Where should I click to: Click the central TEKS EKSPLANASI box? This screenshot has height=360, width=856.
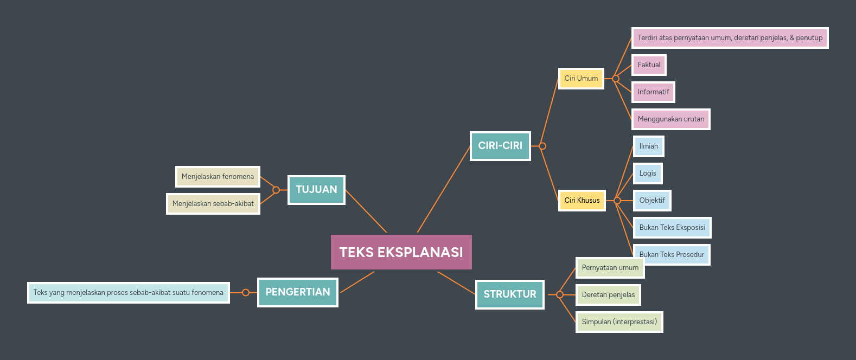(x=401, y=252)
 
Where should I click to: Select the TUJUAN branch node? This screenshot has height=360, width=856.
(x=316, y=190)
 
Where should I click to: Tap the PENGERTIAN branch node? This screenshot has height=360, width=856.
(x=298, y=292)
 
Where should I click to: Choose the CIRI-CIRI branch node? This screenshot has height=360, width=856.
(x=500, y=146)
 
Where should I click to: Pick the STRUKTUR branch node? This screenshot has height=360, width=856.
(x=510, y=294)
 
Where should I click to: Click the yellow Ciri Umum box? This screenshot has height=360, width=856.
(x=581, y=79)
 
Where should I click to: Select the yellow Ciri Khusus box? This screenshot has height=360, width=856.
(x=582, y=201)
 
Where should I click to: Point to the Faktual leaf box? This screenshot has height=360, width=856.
(x=649, y=65)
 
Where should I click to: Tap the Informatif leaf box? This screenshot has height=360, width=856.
(x=653, y=92)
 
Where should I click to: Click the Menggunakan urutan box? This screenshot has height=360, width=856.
(x=671, y=119)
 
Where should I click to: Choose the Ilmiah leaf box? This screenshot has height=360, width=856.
(x=648, y=146)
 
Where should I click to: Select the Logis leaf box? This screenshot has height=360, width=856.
(x=648, y=173)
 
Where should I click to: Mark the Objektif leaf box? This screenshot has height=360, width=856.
(x=652, y=201)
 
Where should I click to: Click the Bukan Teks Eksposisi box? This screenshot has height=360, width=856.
(x=672, y=228)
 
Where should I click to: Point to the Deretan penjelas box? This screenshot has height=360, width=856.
(x=608, y=295)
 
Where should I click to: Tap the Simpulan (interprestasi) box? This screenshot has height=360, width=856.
(x=619, y=322)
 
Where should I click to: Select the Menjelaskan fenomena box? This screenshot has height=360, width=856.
(x=218, y=177)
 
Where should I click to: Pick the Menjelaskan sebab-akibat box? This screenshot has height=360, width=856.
(x=213, y=204)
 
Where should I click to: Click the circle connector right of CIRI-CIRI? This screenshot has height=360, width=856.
(x=542, y=146)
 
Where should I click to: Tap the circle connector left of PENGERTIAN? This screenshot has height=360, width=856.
(x=246, y=293)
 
